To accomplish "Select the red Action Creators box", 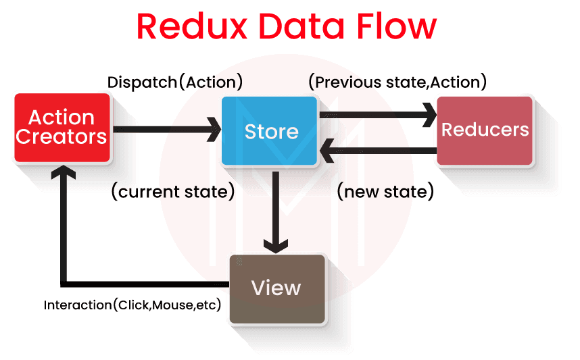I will [x=62, y=128].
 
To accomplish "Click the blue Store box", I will [x=270, y=130].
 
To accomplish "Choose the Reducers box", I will [x=485, y=130].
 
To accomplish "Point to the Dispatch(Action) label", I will [x=175, y=82].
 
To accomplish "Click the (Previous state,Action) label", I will [x=397, y=82].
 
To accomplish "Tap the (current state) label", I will [x=172, y=192].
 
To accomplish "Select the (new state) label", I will [x=385, y=192].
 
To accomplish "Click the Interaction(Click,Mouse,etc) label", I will [x=133, y=305].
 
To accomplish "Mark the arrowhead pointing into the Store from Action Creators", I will [x=214, y=128].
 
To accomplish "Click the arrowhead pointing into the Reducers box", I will [x=429, y=115].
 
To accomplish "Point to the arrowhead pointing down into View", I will [x=275, y=243].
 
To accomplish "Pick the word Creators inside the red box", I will [x=62, y=136].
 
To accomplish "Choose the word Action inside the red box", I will [x=62, y=118].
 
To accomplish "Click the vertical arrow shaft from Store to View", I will [x=275, y=203].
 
